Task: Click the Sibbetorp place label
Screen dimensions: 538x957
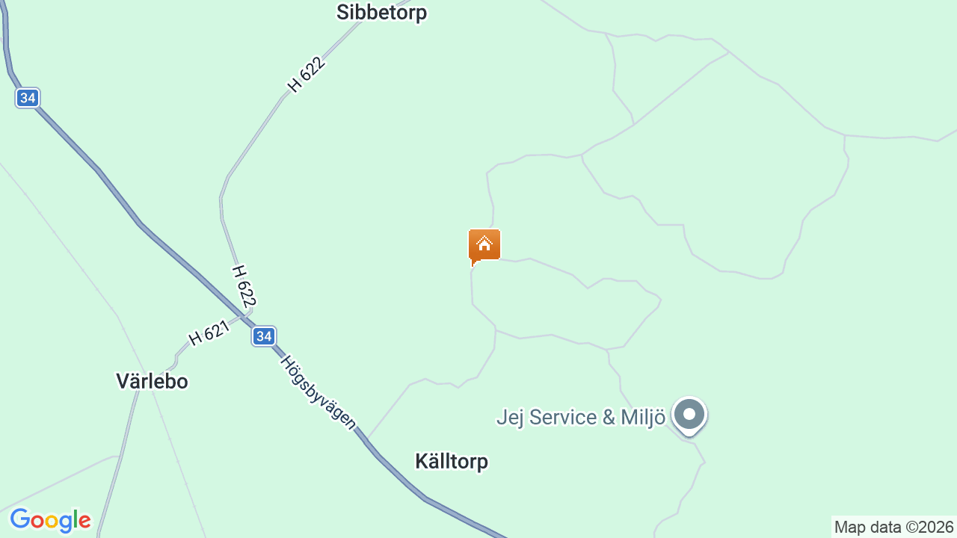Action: tap(381, 13)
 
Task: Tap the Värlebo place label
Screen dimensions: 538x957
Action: tap(152, 381)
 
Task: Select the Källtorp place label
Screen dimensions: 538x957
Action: tap(452, 461)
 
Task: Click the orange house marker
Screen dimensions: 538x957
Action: tap(484, 246)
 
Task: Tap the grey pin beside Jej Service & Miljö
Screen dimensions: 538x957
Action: tap(689, 415)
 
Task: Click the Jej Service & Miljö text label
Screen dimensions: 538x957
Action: tap(581, 417)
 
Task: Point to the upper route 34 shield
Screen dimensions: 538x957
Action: tap(28, 98)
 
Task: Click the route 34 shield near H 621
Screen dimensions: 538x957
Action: tap(263, 336)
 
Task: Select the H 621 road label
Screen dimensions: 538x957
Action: tap(209, 333)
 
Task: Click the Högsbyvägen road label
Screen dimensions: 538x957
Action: tap(318, 392)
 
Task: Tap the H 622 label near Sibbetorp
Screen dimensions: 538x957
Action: tap(307, 75)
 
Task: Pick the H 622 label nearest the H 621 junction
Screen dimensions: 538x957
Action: tap(244, 285)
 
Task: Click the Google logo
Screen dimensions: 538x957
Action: tap(50, 520)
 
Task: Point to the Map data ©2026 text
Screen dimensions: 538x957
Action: tap(893, 527)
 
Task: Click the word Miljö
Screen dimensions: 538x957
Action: tap(643, 417)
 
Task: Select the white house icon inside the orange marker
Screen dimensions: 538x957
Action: tap(484, 244)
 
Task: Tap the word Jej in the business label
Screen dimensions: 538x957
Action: tap(511, 417)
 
